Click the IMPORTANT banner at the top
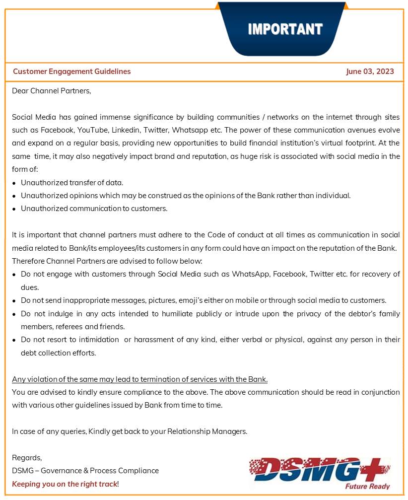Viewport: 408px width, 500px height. point(284,29)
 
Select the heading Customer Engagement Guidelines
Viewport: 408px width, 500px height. point(72,71)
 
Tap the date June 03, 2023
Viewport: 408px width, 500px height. point(370,71)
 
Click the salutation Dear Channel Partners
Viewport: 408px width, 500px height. point(52,91)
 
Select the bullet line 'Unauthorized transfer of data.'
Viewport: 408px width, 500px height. point(72,182)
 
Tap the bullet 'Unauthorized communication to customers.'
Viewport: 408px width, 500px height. point(94,209)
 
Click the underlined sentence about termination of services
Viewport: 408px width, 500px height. point(139,380)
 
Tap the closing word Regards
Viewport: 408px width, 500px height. point(27,458)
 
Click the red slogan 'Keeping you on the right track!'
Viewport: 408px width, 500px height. point(66,484)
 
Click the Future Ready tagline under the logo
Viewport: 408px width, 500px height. point(367,486)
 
